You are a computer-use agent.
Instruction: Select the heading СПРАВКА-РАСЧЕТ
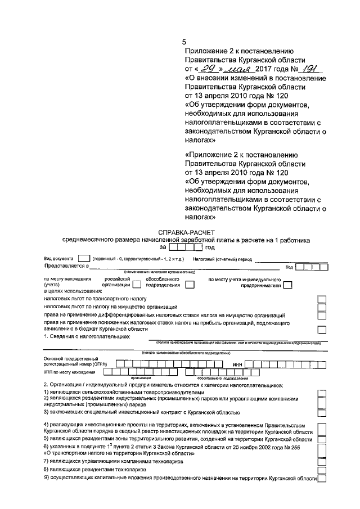pyautogui.click(x=186, y=232)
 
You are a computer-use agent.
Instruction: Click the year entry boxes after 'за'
pyautogui.click(x=186, y=246)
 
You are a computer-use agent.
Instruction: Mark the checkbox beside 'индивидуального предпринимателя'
pyautogui.click(x=287, y=285)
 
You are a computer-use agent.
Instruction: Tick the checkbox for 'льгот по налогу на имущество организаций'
pyautogui.click(x=321, y=308)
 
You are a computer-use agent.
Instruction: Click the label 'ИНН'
pyautogui.click(x=237, y=363)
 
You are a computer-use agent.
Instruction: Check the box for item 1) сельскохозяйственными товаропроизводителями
pyautogui.click(x=321, y=393)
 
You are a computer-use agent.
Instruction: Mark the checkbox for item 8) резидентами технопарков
pyautogui.click(x=321, y=469)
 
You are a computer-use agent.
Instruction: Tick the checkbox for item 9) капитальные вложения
pyautogui.click(x=321, y=479)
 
